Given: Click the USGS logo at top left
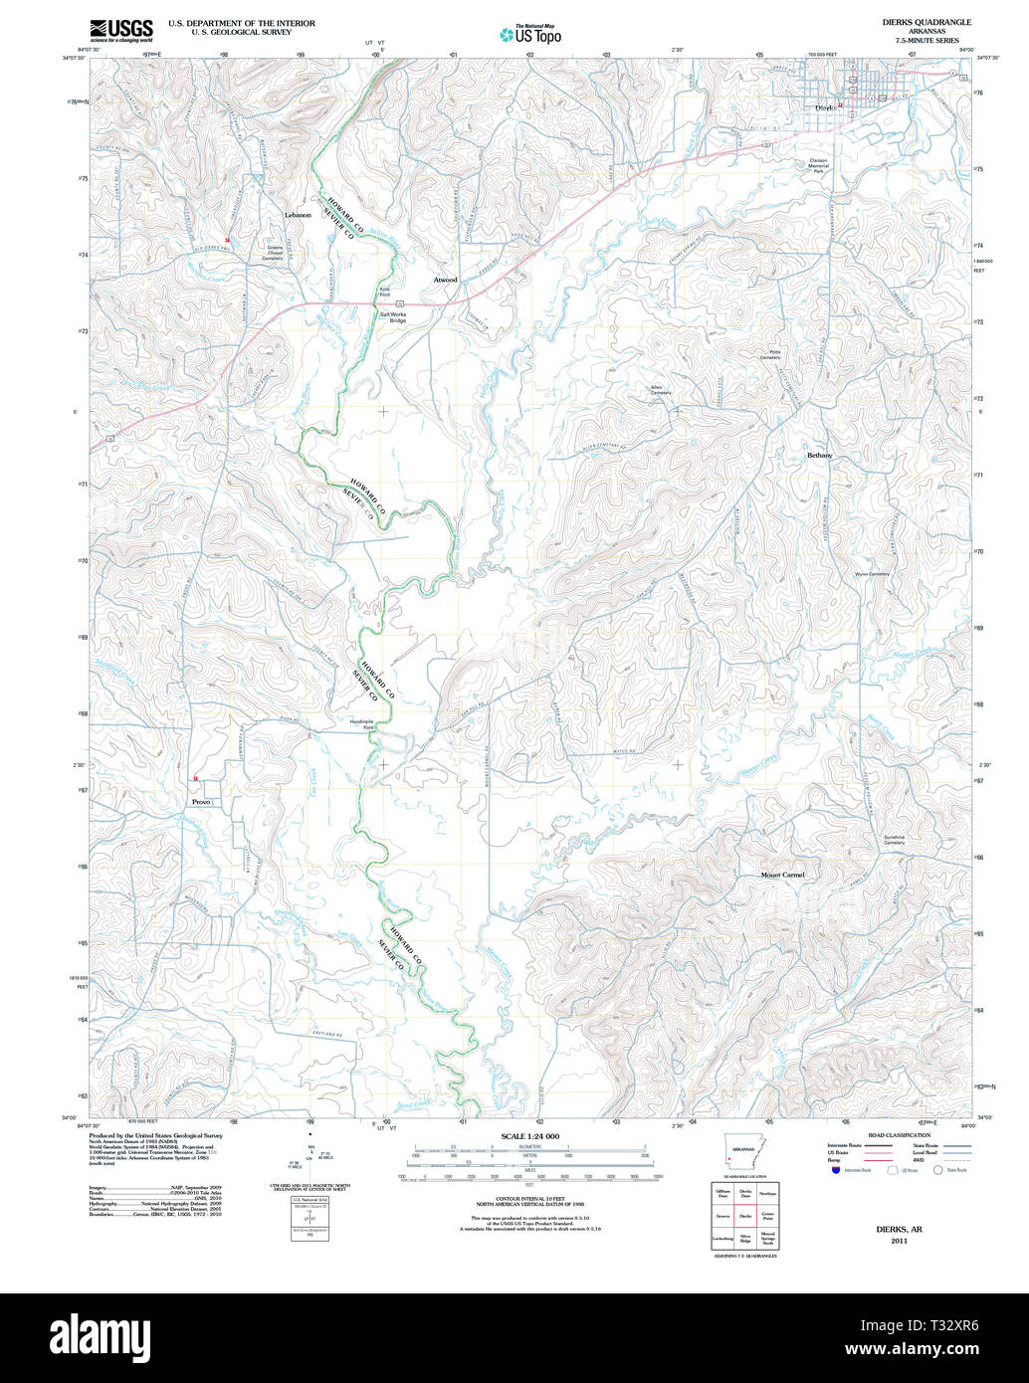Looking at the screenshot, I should [121, 31].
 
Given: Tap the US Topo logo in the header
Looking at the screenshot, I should [530, 35].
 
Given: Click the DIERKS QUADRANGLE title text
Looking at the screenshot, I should [926, 22].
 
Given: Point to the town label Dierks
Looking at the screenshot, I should [824, 107].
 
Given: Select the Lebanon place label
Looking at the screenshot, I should [298, 215].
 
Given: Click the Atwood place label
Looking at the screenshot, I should [445, 280].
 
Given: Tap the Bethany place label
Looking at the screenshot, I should [819, 455].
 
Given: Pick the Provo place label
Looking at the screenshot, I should [201, 801].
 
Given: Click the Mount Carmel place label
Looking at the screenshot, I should [782, 875].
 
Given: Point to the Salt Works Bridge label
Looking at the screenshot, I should [392, 317].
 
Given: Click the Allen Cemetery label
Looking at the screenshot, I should [661, 389].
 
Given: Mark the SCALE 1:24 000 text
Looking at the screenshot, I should [530, 1136].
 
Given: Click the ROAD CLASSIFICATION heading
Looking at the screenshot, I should [899, 1135].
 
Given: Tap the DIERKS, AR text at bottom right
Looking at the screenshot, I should [899, 1229].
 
